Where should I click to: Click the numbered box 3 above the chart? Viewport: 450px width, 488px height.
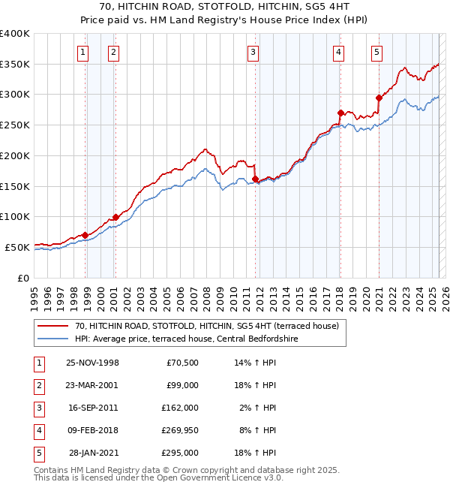254,52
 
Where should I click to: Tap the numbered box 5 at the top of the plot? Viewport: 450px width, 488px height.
376,52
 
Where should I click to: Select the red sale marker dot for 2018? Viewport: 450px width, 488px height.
340,113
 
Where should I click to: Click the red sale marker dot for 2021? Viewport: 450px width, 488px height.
379,97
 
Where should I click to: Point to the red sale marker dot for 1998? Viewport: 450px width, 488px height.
85,235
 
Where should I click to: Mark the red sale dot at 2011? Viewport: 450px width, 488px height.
256,179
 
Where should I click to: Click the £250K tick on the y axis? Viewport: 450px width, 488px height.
15,125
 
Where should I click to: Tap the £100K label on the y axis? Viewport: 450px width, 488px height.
15,217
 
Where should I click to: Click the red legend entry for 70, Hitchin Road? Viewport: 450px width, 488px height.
207,326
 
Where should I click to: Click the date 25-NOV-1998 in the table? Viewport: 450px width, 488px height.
92,363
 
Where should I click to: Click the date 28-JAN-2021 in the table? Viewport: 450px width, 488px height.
92,453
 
